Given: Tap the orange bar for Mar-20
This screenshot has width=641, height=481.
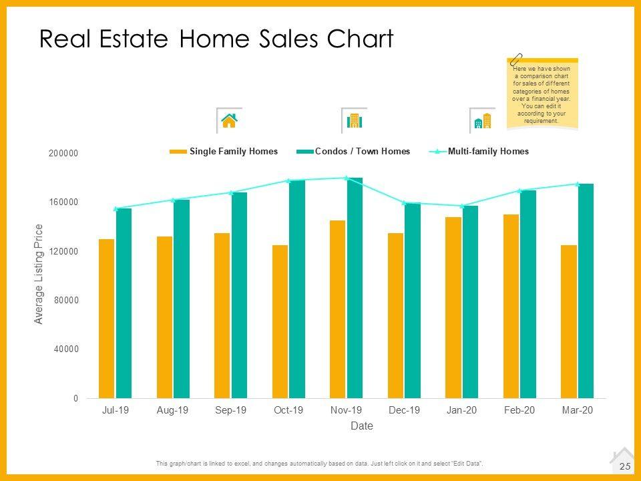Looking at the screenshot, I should pos(569,321).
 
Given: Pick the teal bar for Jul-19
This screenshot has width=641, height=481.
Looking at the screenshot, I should pos(124,303).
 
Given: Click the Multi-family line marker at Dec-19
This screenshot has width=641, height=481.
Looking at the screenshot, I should pos(404,202).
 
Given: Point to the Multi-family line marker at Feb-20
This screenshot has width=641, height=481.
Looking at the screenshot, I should pos(519,190).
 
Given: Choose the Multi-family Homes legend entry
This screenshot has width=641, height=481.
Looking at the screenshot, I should pos(488,152).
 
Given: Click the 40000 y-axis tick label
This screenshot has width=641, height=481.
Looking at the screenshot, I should pos(65,349).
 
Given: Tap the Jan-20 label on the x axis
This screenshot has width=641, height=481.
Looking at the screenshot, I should pos(461,410).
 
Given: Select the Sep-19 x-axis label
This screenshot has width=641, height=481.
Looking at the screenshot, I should pos(230,410).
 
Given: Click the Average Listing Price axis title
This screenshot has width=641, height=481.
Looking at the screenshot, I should pos(39,274).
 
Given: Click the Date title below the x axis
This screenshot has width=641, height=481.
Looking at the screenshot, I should pos(362,426).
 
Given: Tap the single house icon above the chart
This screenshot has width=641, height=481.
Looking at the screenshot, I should pos(229,120).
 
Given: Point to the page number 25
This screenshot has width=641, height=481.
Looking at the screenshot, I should pos(625,466).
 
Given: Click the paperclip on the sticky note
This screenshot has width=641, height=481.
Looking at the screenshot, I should pos(516,59).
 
